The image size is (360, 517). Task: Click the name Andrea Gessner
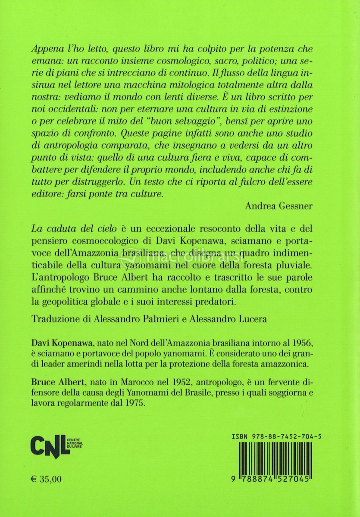pos(279,206)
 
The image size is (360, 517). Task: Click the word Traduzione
pos(56,320)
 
